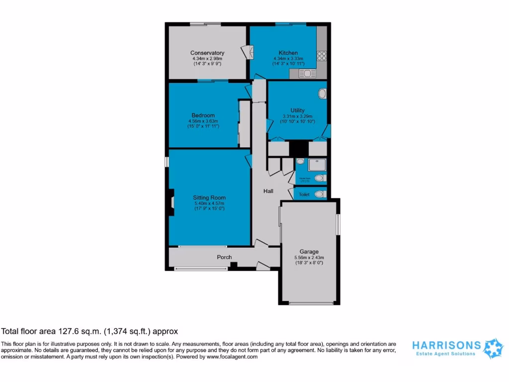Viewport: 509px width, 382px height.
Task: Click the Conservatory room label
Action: pyautogui.click(x=207, y=53)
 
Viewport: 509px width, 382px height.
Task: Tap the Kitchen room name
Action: pyautogui.click(x=288, y=53)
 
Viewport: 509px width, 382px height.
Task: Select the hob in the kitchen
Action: pyautogui.click(x=321, y=56)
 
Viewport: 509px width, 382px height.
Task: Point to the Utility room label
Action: pyautogui.click(x=297, y=110)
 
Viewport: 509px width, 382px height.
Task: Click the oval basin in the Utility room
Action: pyautogui.click(x=322, y=93)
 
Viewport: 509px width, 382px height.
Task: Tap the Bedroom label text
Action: pyautogui.click(x=203, y=115)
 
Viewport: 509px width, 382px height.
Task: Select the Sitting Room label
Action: pyautogui.click(x=209, y=197)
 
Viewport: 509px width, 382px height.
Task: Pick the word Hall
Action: pyautogui.click(x=268, y=191)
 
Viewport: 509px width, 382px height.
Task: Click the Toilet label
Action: pyautogui.click(x=304, y=195)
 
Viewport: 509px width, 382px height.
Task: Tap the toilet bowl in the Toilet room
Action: pyautogui.click(x=321, y=194)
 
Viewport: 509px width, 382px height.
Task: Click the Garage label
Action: pyautogui.click(x=309, y=252)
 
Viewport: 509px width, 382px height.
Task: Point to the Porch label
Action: pyautogui.click(x=224, y=257)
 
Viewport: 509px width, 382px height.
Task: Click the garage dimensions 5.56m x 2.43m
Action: pyautogui.click(x=309, y=258)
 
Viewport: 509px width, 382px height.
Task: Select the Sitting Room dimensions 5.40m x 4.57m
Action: pyautogui.click(x=209, y=203)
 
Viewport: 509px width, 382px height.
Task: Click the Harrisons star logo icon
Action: pyautogui.click(x=494, y=348)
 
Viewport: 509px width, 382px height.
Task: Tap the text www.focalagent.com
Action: pyautogui.click(x=233, y=357)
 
